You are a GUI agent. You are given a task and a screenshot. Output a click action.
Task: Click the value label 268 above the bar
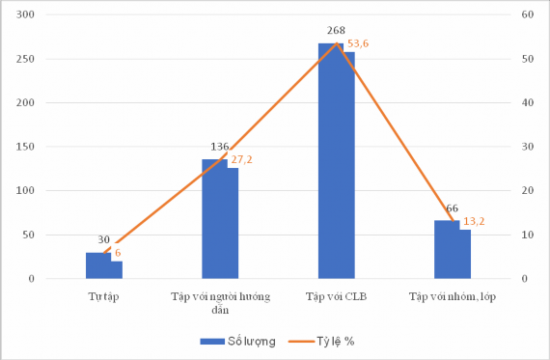[336, 31]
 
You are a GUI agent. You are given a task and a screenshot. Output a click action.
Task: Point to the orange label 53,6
[359, 43]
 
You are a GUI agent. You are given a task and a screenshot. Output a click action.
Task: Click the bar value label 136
[219, 147]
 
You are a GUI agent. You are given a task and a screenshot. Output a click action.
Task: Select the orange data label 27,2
[242, 158]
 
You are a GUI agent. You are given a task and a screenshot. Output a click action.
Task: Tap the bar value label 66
[452, 208]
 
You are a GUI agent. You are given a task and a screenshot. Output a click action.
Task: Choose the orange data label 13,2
[474, 221]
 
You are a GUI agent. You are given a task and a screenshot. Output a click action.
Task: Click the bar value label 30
[103, 240]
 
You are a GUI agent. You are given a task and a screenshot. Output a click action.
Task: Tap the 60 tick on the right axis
[527, 15]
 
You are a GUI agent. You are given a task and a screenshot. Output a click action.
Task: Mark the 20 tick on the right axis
[527, 191]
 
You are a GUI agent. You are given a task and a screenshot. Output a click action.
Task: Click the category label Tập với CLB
[335, 293]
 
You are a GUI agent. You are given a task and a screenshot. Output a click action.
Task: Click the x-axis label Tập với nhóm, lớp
[452, 293]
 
